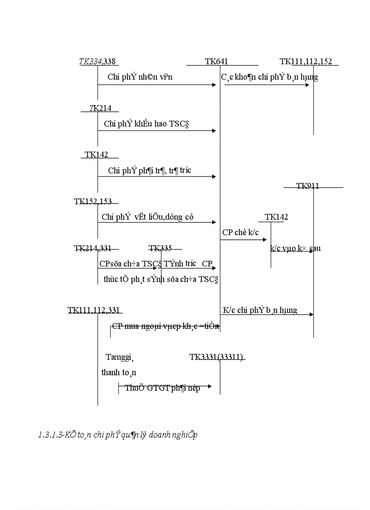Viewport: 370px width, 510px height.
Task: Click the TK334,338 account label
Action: [x=99, y=61]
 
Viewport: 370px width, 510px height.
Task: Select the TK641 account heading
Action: [x=216, y=61]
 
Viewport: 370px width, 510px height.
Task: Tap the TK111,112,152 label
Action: [x=308, y=61]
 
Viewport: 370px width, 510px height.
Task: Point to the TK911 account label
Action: [x=307, y=186]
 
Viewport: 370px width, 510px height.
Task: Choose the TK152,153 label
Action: [x=92, y=202]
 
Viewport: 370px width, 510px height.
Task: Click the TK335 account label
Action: [x=161, y=248]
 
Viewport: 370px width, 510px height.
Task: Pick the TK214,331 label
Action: [x=92, y=248]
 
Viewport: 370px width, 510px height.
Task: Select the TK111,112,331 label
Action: [x=94, y=310]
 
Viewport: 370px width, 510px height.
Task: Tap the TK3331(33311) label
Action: [x=217, y=357]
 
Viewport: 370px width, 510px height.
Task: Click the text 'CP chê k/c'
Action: [x=240, y=232]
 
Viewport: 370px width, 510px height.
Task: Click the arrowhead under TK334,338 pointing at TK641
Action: [x=214, y=84]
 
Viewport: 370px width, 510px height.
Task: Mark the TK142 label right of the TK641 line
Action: [x=276, y=217]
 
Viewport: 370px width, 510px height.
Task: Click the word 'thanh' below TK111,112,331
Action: [x=111, y=372]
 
